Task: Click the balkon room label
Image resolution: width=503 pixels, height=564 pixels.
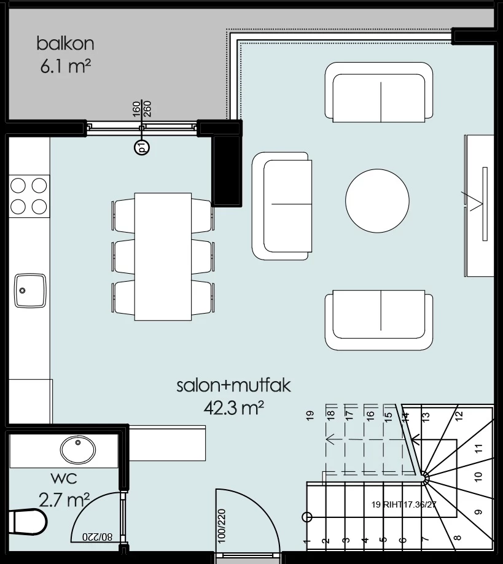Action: pos(65,44)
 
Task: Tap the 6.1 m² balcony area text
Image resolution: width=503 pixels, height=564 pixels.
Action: pos(65,66)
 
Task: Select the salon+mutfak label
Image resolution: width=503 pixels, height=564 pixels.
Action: pos(233,385)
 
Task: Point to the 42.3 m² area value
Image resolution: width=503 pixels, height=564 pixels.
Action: pos(234,408)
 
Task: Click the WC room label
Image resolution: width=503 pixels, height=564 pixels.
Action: pos(64,479)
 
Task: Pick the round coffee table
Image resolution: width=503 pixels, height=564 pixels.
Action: pos(377,201)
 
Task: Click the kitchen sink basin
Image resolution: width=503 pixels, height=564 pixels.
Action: pos(30,291)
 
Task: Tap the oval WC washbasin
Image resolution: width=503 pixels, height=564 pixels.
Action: pos(78,450)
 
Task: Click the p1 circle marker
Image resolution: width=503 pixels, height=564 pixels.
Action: pos(141,147)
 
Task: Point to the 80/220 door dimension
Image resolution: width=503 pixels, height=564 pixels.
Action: pos(97,536)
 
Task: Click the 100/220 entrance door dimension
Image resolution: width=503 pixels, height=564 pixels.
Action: pos(222,525)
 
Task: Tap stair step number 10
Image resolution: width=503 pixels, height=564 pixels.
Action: pos(478,477)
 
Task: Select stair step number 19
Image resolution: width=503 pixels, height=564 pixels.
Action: pos(310,415)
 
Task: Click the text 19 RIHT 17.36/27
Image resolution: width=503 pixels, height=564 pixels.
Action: pos(404,504)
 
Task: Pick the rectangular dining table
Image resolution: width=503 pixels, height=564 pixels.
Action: pos(163,257)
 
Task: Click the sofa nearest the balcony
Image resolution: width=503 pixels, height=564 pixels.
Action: pos(379,92)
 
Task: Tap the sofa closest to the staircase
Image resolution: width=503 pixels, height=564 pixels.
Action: pos(379,320)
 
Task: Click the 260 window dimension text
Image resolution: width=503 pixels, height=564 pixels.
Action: pos(147,109)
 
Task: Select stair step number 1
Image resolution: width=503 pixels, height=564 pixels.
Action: pos(306,541)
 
